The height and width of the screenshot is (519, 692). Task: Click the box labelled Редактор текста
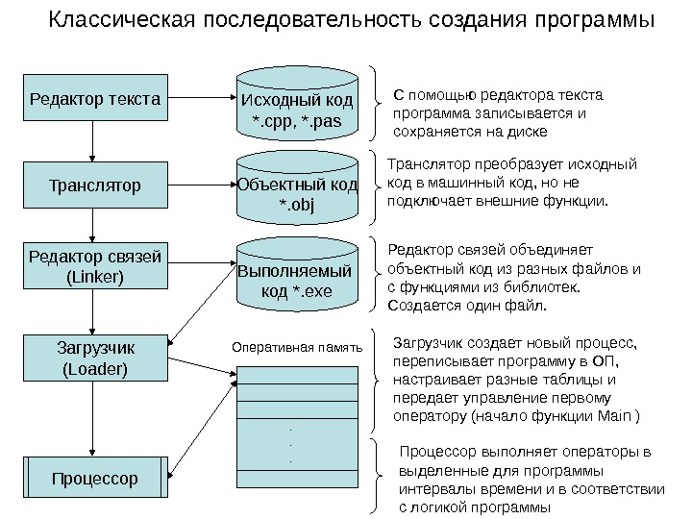coord(93,99)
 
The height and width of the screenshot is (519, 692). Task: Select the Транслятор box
coord(93,182)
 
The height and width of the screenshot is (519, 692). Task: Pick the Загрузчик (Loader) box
coord(93,356)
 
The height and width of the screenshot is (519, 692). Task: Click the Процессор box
coord(93,478)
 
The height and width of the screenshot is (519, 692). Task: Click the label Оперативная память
coord(297,347)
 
